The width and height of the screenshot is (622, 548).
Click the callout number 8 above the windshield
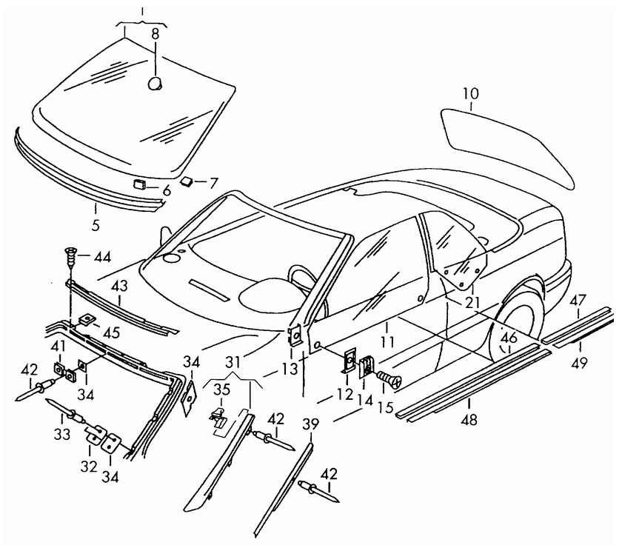[x=155, y=34]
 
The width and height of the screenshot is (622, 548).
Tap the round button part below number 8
[x=155, y=84]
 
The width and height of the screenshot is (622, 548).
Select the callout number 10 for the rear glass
[x=471, y=94]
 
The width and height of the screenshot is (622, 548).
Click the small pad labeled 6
[x=139, y=184]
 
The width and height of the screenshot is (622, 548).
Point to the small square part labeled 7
[x=186, y=181]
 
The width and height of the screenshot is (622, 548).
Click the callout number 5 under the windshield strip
[x=96, y=224]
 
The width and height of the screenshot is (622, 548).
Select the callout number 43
[x=119, y=286]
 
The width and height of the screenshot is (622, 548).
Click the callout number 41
[x=58, y=347]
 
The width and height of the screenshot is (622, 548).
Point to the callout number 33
[x=62, y=434]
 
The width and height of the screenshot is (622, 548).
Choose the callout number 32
[x=89, y=467]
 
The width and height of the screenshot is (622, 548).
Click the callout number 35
[x=221, y=390]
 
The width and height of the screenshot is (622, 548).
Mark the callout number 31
[x=233, y=361]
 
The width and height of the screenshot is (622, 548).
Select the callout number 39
[x=310, y=424]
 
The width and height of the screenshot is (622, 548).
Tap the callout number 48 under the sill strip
[x=469, y=419]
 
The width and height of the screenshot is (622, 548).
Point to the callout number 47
[x=578, y=301]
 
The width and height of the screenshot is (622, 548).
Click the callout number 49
[x=580, y=362]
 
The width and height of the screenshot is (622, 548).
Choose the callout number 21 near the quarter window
[x=472, y=303]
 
